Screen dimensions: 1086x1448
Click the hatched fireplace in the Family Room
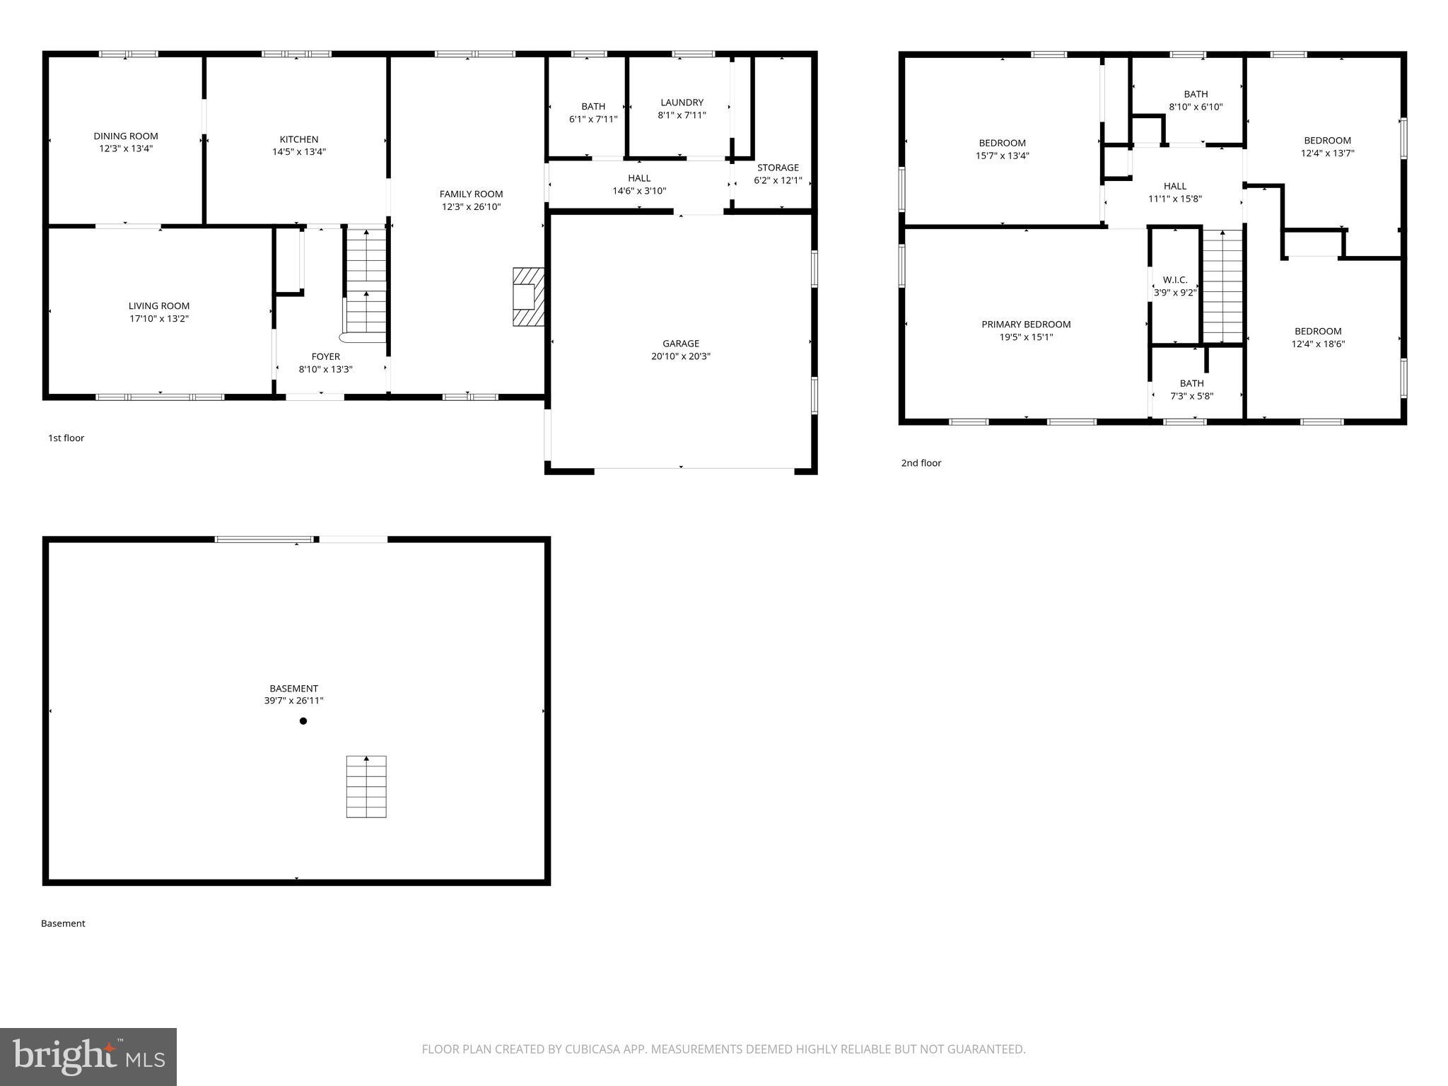click(x=528, y=296)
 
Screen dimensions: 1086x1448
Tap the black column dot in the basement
click(x=303, y=721)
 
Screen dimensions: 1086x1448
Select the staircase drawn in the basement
click(x=366, y=786)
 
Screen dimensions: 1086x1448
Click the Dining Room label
click(x=126, y=136)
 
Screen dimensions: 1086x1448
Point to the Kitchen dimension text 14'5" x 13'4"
click(x=299, y=152)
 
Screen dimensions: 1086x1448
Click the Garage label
click(x=681, y=344)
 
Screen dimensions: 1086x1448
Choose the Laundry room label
click(x=682, y=103)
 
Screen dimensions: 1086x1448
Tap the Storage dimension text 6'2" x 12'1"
click(x=778, y=180)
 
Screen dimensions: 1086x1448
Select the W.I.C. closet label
click(x=1175, y=280)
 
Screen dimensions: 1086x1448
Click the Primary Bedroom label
click(x=1026, y=325)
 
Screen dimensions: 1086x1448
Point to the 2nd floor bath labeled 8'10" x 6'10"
click(x=1196, y=100)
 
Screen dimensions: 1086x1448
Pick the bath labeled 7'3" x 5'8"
click(x=1191, y=390)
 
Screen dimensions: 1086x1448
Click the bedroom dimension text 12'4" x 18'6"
click(x=1318, y=344)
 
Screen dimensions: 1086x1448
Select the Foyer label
click(x=326, y=356)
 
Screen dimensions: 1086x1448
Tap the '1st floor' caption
click(x=66, y=438)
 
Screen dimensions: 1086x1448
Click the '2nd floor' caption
click(x=921, y=463)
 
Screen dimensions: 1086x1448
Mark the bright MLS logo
click(x=88, y=1056)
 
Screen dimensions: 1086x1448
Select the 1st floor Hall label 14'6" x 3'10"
click(x=639, y=185)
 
